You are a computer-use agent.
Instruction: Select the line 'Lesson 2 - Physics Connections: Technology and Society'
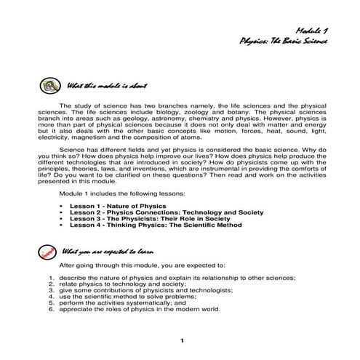coord(152,213)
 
